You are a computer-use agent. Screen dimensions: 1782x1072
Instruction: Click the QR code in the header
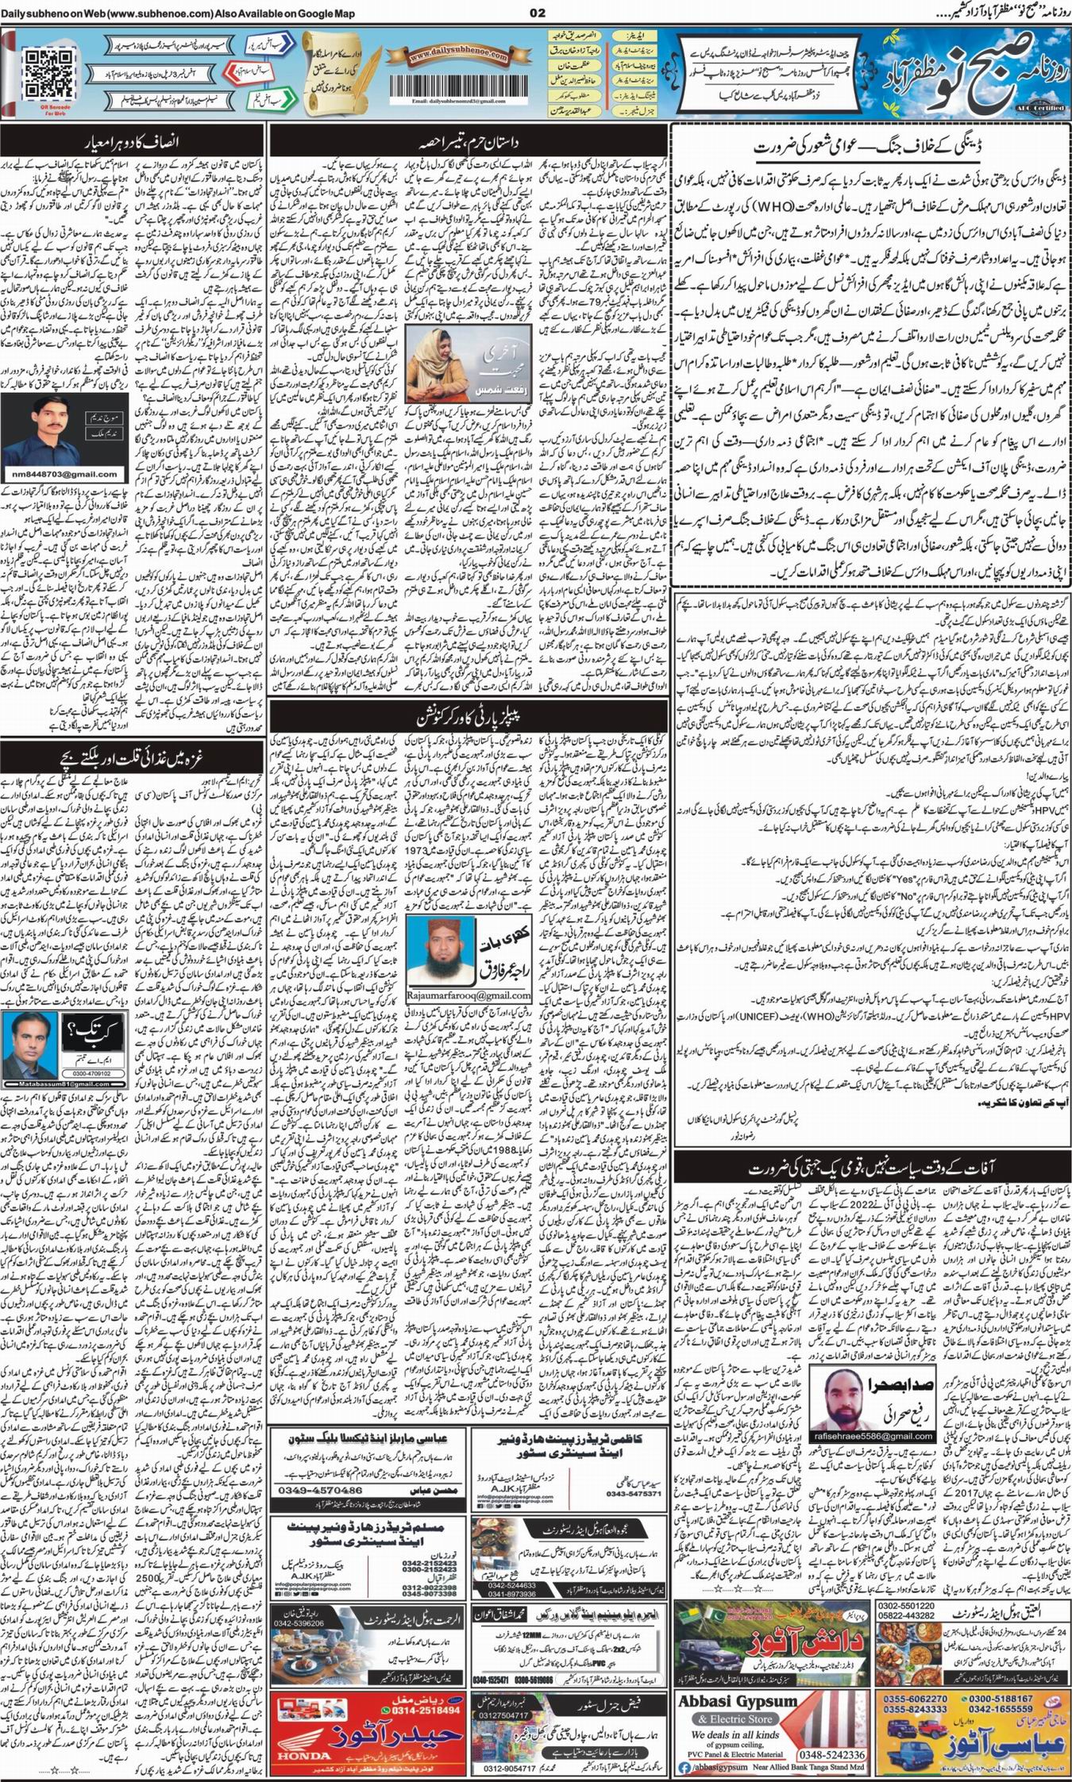tap(47, 71)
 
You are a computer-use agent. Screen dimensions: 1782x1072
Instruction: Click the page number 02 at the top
tap(538, 13)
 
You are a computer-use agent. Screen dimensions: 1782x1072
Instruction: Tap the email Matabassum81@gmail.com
tap(56, 1084)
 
